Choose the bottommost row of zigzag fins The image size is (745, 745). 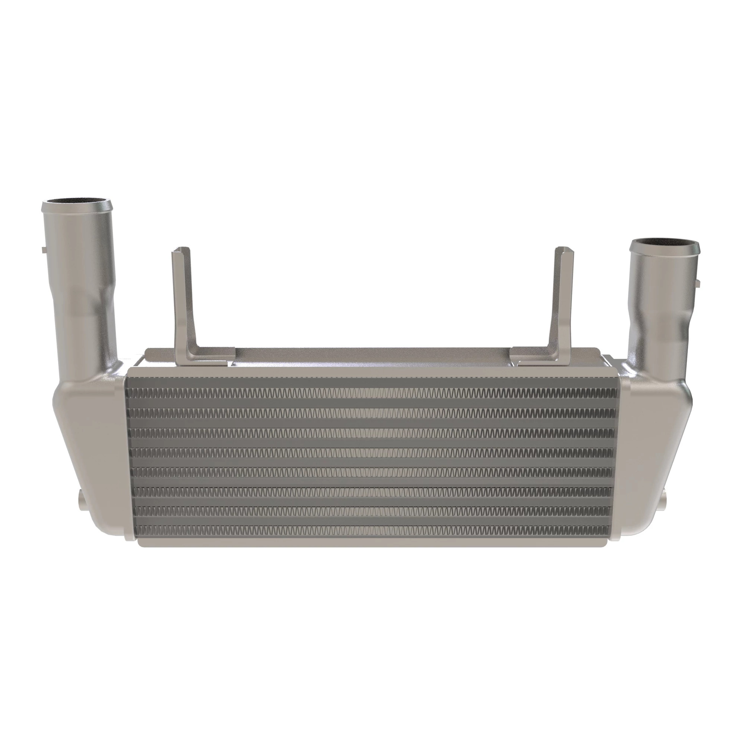pos(372,529)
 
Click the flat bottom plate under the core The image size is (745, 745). pos(372,541)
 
